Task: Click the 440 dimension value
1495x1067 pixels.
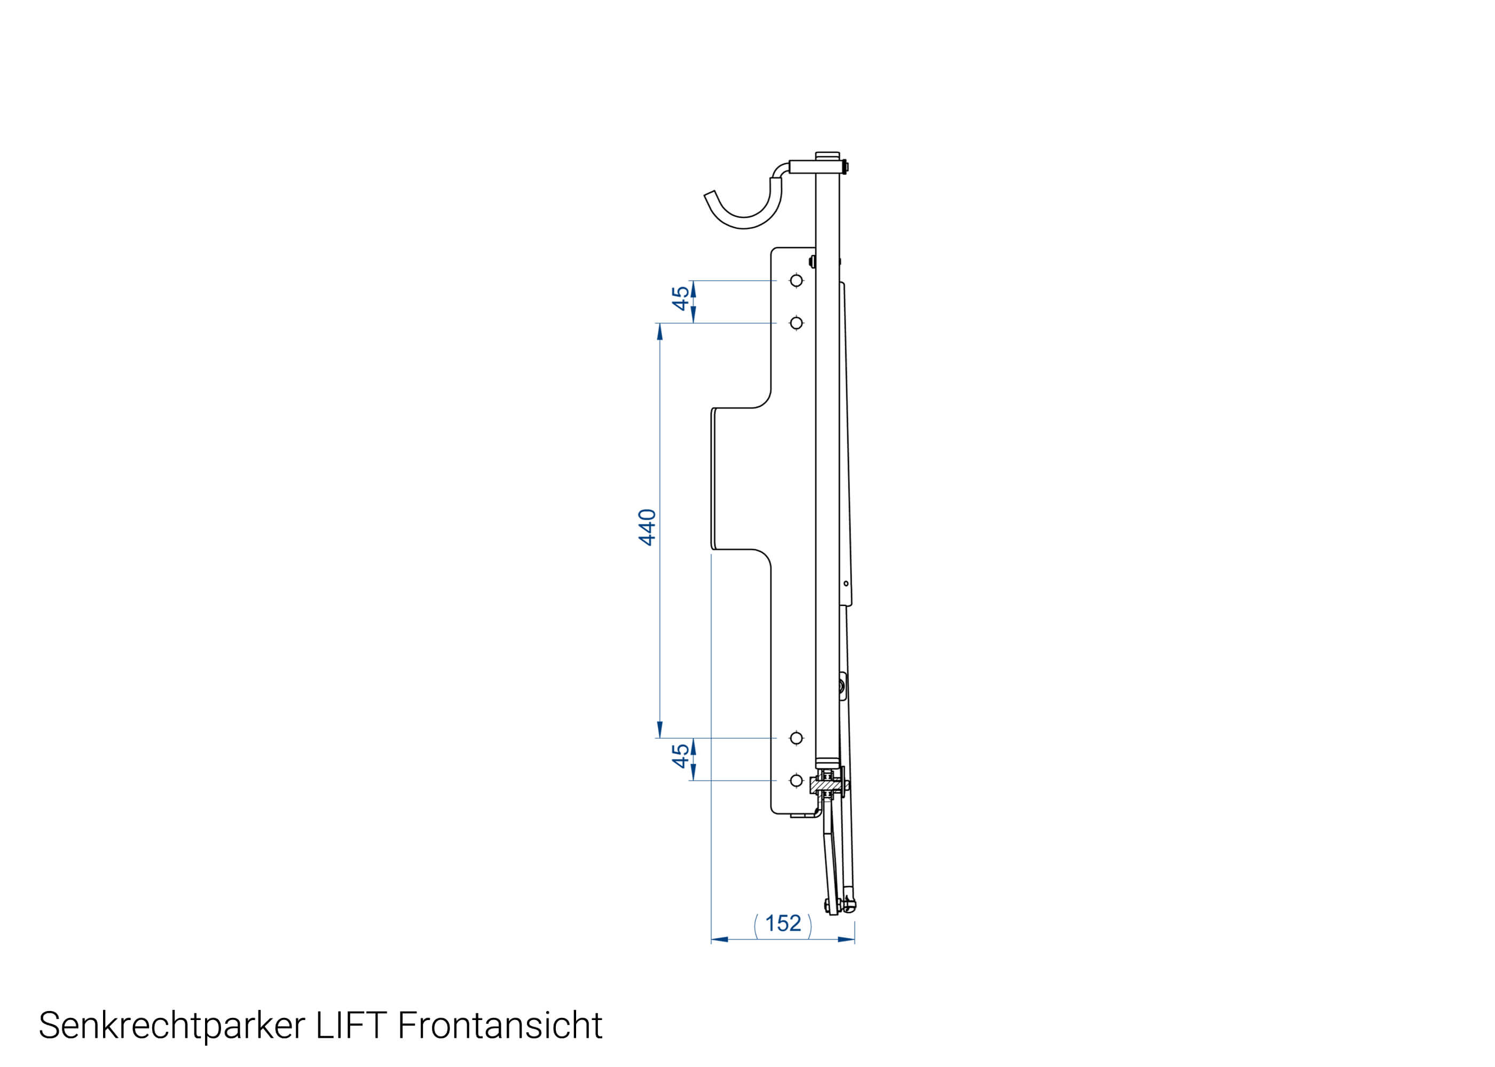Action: tap(647, 527)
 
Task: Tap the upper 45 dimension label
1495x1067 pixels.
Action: tap(680, 298)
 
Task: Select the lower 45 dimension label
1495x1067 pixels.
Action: tap(680, 755)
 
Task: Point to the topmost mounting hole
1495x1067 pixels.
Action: tap(796, 281)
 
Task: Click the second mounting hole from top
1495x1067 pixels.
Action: tap(796, 323)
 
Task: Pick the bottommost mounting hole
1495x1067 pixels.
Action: tap(796, 781)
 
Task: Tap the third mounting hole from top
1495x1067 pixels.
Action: tap(796, 738)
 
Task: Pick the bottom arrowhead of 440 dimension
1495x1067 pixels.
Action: tap(659, 730)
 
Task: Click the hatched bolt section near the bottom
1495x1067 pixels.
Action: tap(827, 785)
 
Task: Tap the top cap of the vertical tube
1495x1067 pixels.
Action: tap(827, 156)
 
